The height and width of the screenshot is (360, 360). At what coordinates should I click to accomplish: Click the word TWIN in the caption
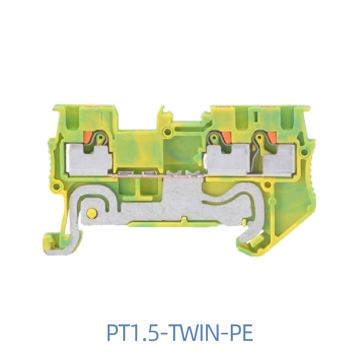point(193,333)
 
